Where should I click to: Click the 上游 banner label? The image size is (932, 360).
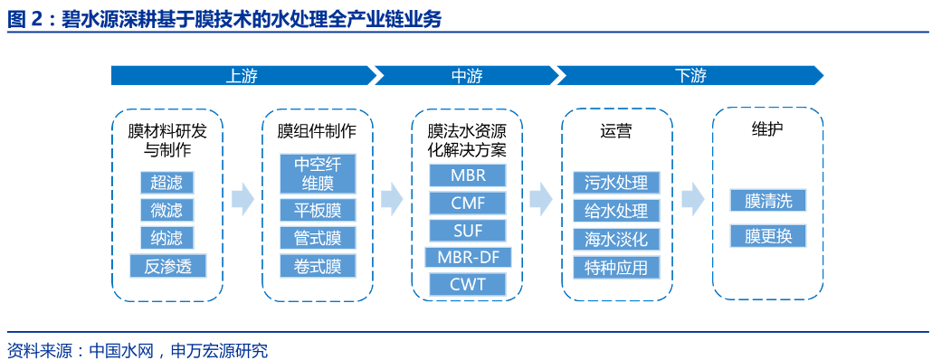pyautogui.click(x=241, y=75)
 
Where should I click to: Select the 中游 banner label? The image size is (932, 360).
pyautogui.click(x=467, y=75)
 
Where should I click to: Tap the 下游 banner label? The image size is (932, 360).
pyautogui.click(x=690, y=75)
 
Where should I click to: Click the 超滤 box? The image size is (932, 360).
pyautogui.click(x=166, y=182)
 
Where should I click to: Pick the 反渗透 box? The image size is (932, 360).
pyautogui.click(x=167, y=266)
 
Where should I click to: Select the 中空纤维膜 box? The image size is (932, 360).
pyautogui.click(x=318, y=174)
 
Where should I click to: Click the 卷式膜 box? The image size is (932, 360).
pyautogui.click(x=318, y=266)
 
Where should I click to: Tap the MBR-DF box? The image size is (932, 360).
pyautogui.click(x=468, y=257)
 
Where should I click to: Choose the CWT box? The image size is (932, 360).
pyautogui.click(x=468, y=284)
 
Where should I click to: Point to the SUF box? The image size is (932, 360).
pyautogui.click(x=468, y=230)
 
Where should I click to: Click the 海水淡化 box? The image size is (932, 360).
pyautogui.click(x=616, y=238)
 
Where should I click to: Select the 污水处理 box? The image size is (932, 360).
pyautogui.click(x=616, y=182)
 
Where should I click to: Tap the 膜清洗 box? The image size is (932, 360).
pyautogui.click(x=768, y=200)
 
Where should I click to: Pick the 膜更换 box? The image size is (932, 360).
pyautogui.click(x=768, y=236)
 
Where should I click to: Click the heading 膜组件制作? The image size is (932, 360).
pyautogui.click(x=317, y=130)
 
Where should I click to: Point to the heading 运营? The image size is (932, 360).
pyautogui.click(x=616, y=130)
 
